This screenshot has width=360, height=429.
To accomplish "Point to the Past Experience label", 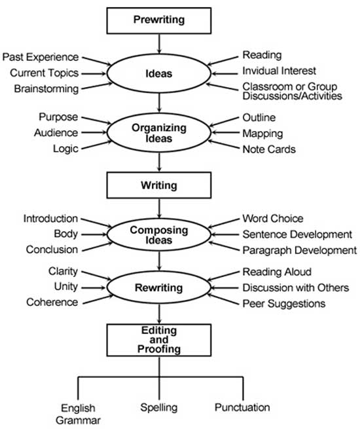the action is [41, 57].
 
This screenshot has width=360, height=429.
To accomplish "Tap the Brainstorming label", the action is [46, 89].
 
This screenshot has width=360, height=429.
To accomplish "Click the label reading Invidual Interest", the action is [279, 71].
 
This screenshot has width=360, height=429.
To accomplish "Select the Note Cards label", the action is [269, 149].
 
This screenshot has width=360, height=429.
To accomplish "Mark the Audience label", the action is [56, 133].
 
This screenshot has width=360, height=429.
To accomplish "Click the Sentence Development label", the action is [297, 234].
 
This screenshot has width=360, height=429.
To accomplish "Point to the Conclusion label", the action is [52, 250].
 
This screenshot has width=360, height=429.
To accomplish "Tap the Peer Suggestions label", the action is [283, 304].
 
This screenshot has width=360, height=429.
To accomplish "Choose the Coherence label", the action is [52, 303].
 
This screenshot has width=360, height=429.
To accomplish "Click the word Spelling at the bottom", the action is [159, 407].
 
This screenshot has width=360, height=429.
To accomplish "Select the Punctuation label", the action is [242, 407].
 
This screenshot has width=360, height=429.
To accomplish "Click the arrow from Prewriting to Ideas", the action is [159, 44].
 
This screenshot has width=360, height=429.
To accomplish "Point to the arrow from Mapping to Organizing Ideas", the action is [225, 132].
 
